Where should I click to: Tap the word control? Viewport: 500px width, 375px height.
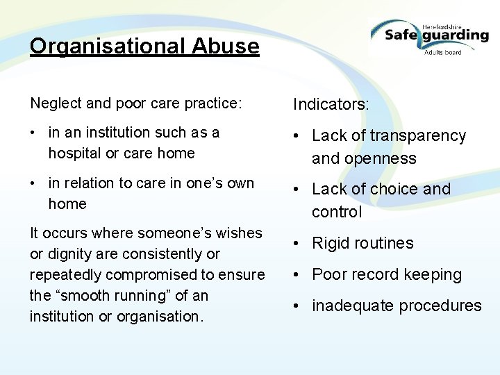[337, 212]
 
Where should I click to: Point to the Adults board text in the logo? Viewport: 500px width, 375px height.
[443, 51]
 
